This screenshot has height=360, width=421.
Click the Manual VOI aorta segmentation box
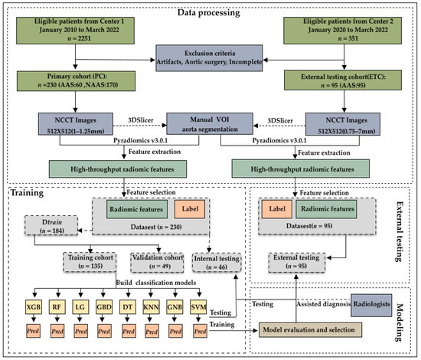(210, 126)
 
